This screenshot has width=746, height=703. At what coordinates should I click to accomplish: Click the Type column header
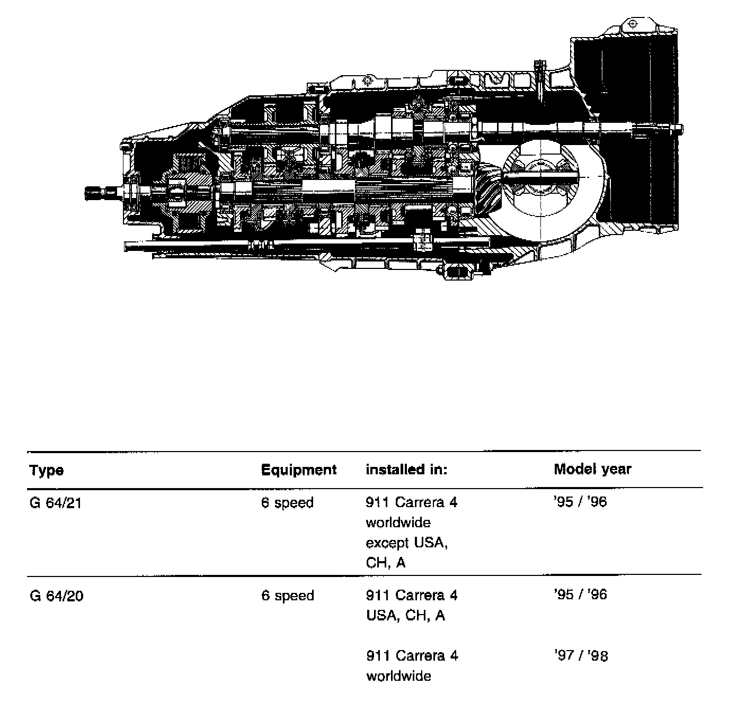click(x=47, y=470)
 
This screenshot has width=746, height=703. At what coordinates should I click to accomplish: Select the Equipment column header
click(x=299, y=470)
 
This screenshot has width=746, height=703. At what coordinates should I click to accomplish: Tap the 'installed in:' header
click(x=406, y=470)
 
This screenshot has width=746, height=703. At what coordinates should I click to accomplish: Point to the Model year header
click(x=592, y=469)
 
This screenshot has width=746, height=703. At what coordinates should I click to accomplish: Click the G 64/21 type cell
click(x=56, y=502)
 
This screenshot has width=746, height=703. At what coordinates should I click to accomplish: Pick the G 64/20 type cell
click(x=56, y=596)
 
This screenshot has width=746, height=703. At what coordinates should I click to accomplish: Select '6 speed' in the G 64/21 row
click(x=287, y=502)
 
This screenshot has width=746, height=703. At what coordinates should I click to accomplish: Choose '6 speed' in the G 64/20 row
click(x=287, y=596)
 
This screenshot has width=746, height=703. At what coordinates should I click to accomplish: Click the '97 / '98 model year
click(x=581, y=656)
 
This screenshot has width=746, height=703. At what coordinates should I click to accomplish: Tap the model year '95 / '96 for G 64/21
click(x=580, y=502)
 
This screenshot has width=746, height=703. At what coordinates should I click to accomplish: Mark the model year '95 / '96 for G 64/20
click(x=580, y=595)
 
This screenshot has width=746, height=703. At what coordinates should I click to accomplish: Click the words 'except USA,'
click(x=406, y=543)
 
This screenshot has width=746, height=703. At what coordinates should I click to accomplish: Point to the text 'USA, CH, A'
click(x=405, y=616)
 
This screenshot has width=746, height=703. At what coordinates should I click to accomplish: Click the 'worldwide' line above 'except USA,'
click(x=398, y=523)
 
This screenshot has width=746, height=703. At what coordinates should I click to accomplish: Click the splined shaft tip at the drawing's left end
click(x=93, y=193)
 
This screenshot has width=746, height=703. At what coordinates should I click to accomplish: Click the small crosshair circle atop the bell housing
click(x=632, y=24)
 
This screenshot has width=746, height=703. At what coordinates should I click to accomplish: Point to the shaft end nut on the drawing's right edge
click(x=678, y=128)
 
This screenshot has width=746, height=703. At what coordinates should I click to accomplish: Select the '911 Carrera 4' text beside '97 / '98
click(x=412, y=656)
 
